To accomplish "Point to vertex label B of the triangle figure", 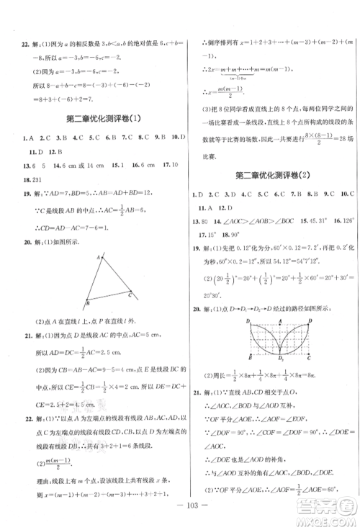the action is tap(87, 302).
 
